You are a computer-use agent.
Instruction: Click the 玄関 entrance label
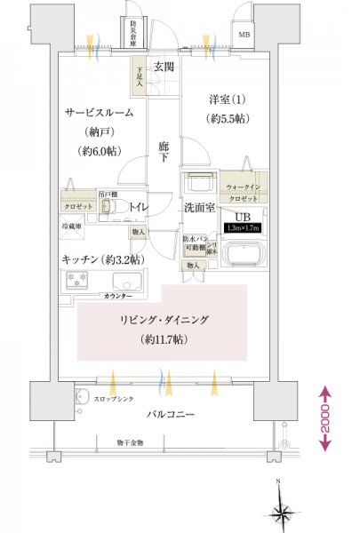coord(163,67)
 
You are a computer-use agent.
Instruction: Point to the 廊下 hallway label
coord(164,152)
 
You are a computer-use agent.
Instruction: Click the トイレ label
coord(138,206)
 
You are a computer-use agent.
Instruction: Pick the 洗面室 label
coord(199,207)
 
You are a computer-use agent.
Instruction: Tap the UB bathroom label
coord(241,217)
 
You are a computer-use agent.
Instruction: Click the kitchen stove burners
coord(75,282)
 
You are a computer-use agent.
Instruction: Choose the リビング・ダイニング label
coord(167,322)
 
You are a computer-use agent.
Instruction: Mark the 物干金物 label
coord(136,442)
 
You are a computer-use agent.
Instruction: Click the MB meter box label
coord(244,35)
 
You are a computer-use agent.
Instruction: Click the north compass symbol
coord(282,510)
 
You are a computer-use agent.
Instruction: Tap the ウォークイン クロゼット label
coord(242,192)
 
